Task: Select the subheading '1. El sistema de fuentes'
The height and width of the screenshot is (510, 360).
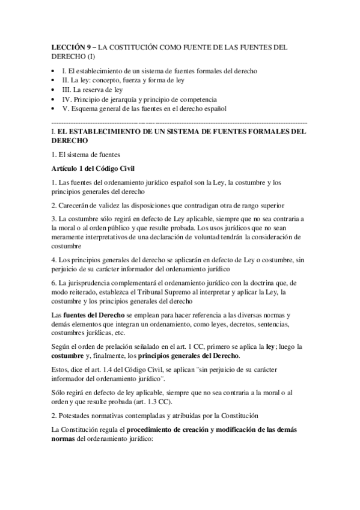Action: (x=87, y=154)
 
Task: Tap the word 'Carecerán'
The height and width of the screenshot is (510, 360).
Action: (x=75, y=206)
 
